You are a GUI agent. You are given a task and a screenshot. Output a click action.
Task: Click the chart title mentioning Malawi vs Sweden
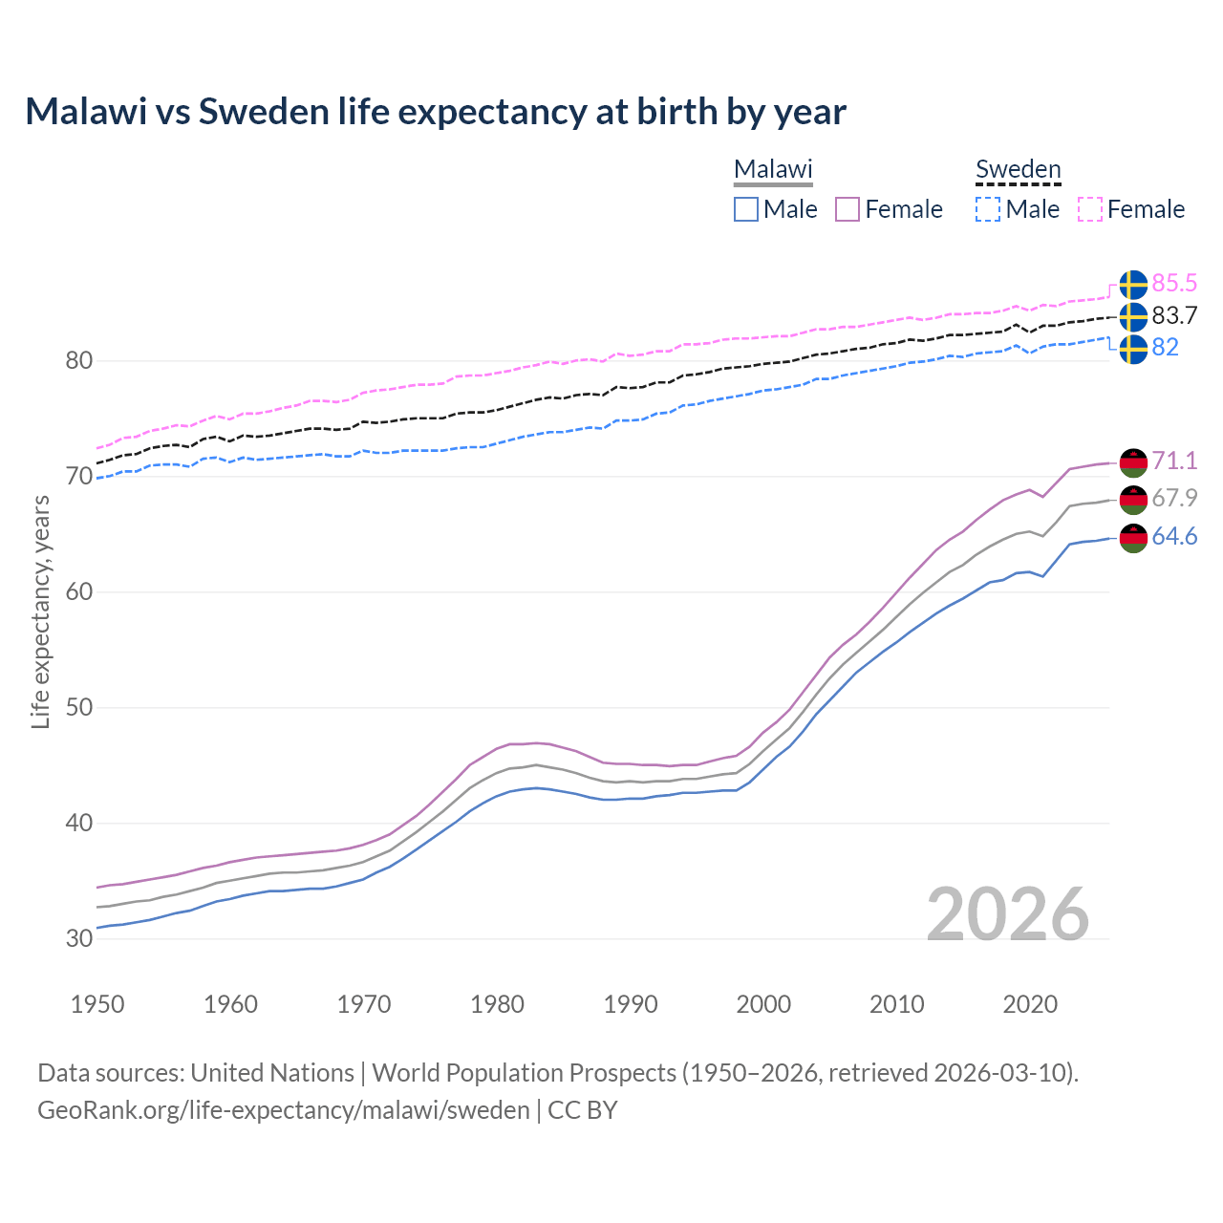(436, 112)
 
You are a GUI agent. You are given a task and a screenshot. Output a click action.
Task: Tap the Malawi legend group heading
(772, 169)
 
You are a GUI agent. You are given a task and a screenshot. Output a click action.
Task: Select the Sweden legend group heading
(1018, 169)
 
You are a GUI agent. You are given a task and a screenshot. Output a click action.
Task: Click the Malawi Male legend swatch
(746, 209)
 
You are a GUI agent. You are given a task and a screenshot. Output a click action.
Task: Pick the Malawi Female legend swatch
(848, 209)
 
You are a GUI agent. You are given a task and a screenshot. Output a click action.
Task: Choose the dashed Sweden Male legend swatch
(989, 209)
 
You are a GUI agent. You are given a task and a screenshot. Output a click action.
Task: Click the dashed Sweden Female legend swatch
(1090, 209)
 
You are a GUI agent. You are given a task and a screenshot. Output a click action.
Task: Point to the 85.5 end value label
(1174, 283)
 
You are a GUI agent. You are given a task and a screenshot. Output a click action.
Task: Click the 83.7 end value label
(1174, 315)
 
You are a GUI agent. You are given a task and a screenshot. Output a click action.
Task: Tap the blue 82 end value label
(1165, 347)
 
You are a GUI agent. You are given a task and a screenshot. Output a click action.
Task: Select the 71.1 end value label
(1174, 461)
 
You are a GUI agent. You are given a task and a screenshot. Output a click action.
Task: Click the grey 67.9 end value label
(1174, 498)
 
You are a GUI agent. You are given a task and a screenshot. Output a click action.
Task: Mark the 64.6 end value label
(1174, 537)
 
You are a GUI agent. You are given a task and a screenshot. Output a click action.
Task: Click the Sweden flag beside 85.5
(1133, 285)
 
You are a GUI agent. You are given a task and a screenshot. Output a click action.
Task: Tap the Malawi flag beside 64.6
(1133, 538)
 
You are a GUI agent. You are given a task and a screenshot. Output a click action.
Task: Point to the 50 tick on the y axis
(79, 708)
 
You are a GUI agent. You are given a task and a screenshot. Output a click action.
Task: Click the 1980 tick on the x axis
(497, 1004)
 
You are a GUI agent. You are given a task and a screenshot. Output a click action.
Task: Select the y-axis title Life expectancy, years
(40, 611)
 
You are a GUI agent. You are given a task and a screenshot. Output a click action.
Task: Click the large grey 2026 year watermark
(1008, 914)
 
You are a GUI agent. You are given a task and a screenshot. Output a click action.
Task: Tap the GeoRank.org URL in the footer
(283, 1110)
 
